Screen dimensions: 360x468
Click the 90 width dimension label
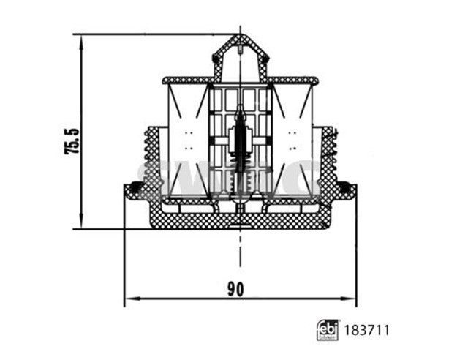(235, 289)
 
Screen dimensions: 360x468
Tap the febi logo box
(326, 330)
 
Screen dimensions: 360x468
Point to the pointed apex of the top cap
(241, 34)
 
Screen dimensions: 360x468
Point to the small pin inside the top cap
(241, 51)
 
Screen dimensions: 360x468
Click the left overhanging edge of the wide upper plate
(165, 79)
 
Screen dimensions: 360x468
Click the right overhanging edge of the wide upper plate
(317, 79)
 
